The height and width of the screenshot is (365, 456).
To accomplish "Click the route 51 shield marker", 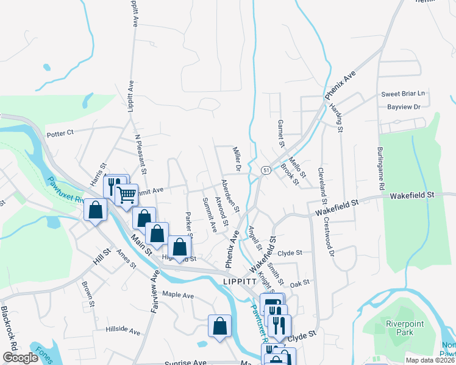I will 266,171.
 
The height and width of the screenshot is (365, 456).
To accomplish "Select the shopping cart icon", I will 127,195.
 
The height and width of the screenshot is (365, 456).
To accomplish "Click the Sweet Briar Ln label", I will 402,94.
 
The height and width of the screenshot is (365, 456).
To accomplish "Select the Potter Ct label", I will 60,132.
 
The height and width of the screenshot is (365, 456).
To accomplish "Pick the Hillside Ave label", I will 123,332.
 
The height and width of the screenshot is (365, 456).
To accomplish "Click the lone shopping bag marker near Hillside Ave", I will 219,326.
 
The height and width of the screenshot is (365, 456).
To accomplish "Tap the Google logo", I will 20,358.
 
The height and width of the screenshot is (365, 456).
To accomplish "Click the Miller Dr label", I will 238,158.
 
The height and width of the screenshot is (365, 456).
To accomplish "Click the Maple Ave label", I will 177,296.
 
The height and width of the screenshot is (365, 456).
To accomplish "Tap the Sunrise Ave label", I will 186,363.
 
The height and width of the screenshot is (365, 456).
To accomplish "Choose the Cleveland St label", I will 322,187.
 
